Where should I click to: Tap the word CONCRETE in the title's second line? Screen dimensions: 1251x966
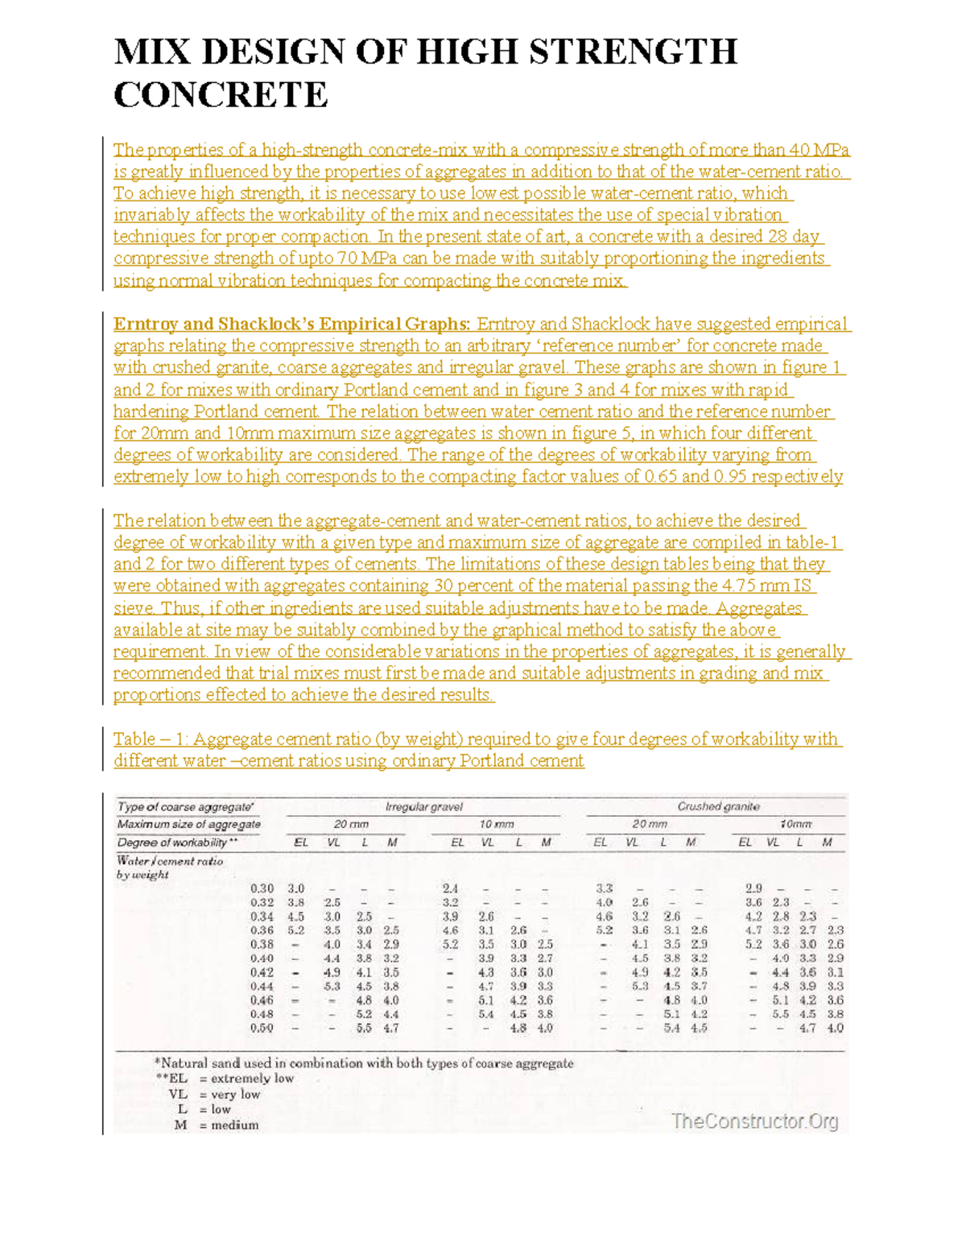click(x=221, y=95)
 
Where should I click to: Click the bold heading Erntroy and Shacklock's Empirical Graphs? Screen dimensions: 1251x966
click(x=291, y=324)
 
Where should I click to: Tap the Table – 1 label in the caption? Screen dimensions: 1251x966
click(x=147, y=739)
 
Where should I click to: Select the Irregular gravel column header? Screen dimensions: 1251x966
click(x=423, y=806)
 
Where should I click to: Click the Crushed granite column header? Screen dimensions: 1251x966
click(x=718, y=806)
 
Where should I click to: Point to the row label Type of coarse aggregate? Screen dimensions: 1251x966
click(x=186, y=806)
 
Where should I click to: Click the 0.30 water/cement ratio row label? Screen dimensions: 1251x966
click(x=262, y=889)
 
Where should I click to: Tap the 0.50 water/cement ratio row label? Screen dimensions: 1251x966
click(x=262, y=1028)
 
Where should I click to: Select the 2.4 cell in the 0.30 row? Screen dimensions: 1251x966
click(x=450, y=889)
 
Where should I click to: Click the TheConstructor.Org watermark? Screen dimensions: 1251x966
click(x=754, y=1121)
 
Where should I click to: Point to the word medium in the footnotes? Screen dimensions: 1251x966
click(x=234, y=1125)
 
